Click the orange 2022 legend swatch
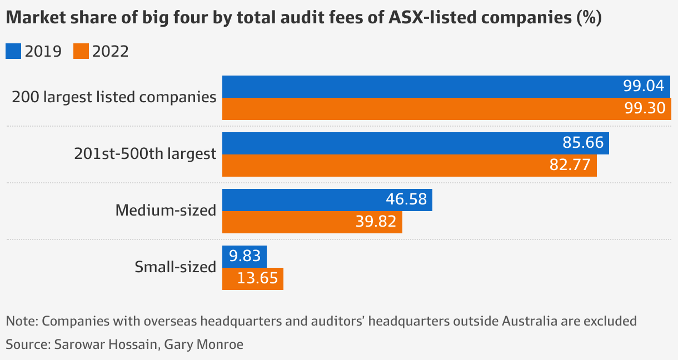pos(81,52)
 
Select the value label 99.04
pos(644,87)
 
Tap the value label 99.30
pos(645,108)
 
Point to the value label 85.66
pos(583,143)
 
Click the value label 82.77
pos(571,165)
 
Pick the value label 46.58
pos(406,199)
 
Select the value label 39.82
pos(376,222)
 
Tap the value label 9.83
pos(245,256)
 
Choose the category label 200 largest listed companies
pos(114,97)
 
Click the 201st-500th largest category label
pos(145,154)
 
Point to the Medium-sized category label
pos(166,211)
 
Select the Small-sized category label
pos(175,267)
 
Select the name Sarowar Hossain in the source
pos(108,344)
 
